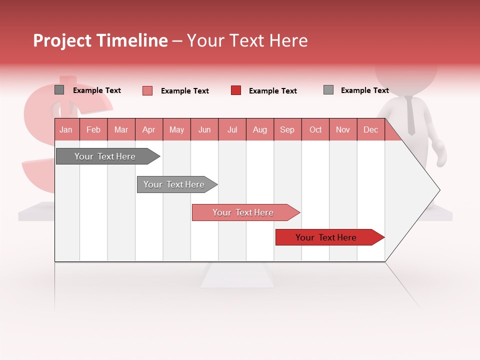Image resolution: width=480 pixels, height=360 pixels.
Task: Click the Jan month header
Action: pos(66,130)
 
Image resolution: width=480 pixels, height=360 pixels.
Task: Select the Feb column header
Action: pos(93,130)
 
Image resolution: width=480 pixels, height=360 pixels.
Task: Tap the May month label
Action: pos(176,130)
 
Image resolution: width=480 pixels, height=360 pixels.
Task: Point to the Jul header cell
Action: pos(232,130)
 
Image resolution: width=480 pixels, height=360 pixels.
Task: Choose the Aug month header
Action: pos(260,130)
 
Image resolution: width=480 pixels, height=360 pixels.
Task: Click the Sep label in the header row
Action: pos(287,130)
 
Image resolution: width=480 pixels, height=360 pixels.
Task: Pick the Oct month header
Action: pos(315,130)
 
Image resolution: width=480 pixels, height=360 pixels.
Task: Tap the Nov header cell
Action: pos(343,130)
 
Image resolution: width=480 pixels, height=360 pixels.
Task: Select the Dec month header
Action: pos(370,130)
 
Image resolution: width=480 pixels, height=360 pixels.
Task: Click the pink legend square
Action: pos(147,90)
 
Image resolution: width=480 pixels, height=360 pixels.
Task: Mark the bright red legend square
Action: pos(236,90)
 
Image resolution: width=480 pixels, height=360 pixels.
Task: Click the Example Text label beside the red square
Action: pos(272,91)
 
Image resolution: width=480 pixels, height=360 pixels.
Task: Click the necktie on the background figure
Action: pos(410,115)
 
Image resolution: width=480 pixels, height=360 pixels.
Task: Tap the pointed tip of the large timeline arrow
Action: pos(438,190)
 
